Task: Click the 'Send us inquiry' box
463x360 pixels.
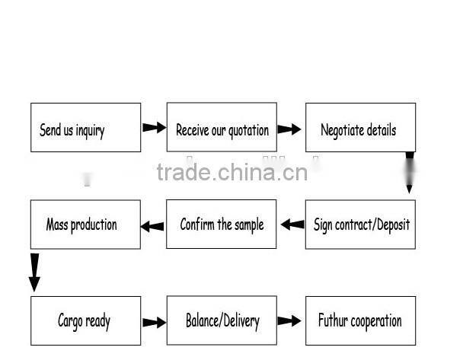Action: tap(85, 128)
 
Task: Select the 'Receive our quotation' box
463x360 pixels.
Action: tap(222, 128)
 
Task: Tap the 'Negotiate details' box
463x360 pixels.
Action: tap(360, 128)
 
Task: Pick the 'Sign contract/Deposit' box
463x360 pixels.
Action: tap(360, 225)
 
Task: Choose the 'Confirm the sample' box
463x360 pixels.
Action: tap(222, 225)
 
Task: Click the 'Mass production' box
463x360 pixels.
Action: tap(85, 225)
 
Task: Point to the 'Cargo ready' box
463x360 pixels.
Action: tap(85, 320)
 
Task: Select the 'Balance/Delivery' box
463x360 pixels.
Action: tap(222, 320)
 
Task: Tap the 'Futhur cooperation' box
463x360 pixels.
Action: tap(360, 320)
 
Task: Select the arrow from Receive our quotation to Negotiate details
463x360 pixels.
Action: tap(289, 129)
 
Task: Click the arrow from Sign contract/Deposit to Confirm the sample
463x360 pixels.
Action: tap(292, 225)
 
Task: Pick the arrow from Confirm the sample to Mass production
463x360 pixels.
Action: tap(152, 226)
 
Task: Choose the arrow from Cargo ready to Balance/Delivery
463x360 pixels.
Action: tap(154, 322)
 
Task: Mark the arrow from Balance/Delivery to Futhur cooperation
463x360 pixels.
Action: tap(289, 321)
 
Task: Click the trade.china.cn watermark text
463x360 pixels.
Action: tap(232, 173)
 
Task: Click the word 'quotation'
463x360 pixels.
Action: tap(248, 130)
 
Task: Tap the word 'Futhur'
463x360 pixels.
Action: tap(332, 320)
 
